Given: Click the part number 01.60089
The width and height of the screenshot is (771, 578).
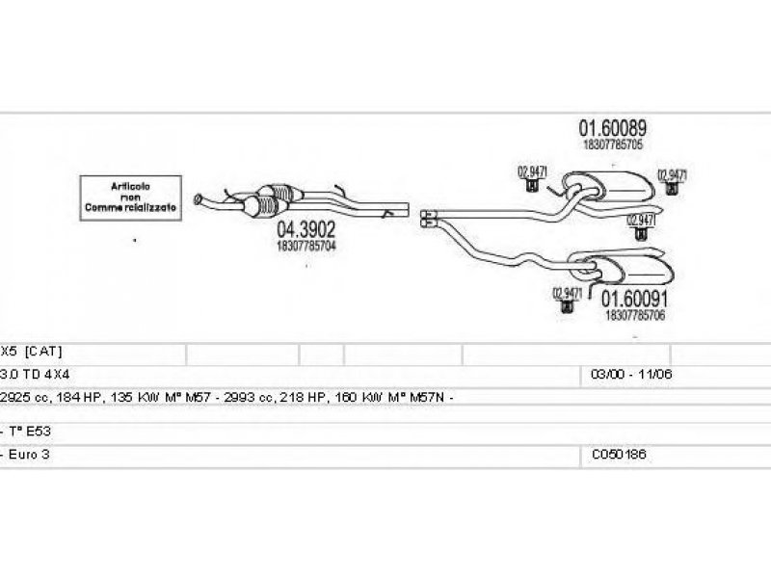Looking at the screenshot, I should [x=612, y=128].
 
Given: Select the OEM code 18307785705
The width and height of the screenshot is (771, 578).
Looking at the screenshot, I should [x=612, y=144].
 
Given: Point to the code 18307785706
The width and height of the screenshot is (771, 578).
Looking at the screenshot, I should [x=635, y=315].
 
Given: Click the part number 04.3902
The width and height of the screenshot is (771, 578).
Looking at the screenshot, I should [x=306, y=231].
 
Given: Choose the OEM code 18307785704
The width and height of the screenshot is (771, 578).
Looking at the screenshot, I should [x=306, y=247].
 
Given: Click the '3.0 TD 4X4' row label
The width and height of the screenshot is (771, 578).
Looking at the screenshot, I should [x=40, y=373].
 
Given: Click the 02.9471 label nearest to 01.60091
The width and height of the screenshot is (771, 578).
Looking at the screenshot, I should [x=567, y=293].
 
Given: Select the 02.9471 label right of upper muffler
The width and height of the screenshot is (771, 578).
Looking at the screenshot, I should [x=672, y=174].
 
